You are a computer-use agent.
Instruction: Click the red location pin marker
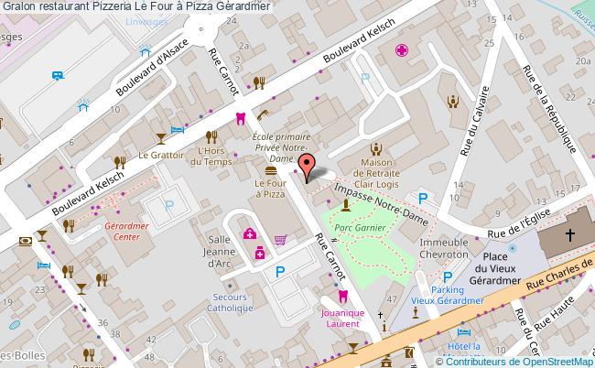307,166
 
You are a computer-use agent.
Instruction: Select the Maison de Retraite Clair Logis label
374,173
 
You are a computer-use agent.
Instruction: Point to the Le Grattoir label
157,156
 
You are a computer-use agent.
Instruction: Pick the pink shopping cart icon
280,240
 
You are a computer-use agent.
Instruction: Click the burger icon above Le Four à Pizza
270,170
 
